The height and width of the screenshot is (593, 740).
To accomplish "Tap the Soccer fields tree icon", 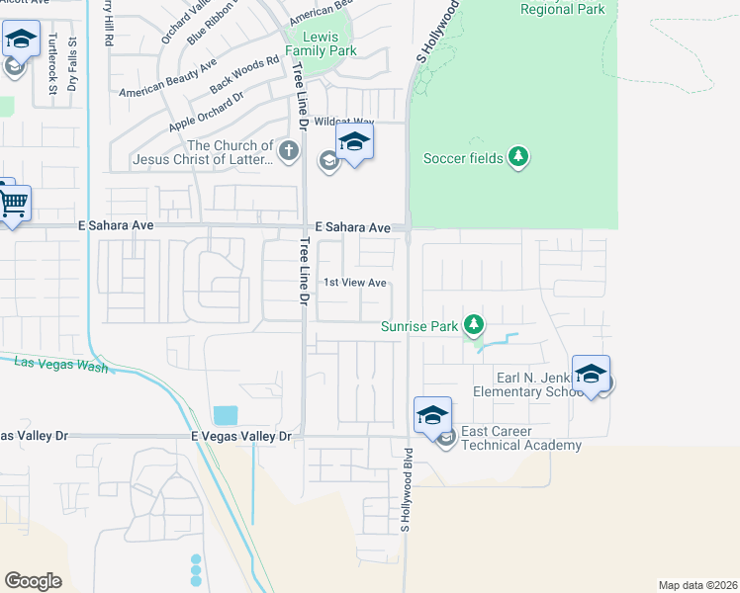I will click(x=517, y=157).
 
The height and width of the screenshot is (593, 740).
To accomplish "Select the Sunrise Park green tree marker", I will click(x=474, y=324).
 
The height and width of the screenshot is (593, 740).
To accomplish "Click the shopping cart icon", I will click(x=13, y=204).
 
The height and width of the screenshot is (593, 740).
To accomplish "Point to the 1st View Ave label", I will click(x=355, y=283).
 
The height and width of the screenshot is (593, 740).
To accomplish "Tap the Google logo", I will click(x=33, y=581).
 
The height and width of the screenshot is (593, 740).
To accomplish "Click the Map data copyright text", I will click(x=698, y=584).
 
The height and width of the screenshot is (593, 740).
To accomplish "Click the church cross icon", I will click(x=288, y=151).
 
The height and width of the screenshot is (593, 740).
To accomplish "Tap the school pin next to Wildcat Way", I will click(x=354, y=144).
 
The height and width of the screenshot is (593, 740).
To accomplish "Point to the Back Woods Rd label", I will click(x=236, y=76).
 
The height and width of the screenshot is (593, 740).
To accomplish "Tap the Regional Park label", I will click(x=561, y=9).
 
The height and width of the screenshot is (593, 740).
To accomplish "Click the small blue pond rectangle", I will click(x=225, y=415).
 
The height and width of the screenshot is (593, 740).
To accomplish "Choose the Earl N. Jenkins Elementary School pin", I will click(x=591, y=376).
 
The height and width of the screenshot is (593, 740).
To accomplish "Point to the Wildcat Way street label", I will click(x=343, y=123).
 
